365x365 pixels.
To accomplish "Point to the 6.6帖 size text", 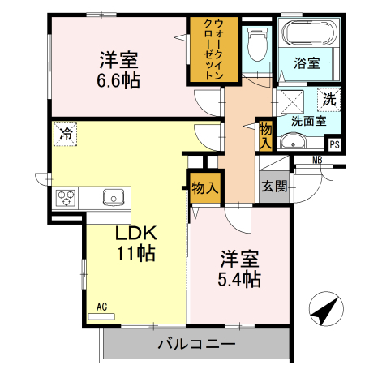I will [x=119, y=80].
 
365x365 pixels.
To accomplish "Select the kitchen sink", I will [x=113, y=197].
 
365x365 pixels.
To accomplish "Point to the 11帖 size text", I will [x=135, y=252].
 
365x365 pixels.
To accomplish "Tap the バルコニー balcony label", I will [x=195, y=344].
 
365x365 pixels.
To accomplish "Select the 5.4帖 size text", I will [x=238, y=280].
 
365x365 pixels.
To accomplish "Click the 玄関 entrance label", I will [x=273, y=186].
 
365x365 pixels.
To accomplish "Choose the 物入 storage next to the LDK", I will [x=205, y=188].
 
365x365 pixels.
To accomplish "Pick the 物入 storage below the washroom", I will [x=265, y=134].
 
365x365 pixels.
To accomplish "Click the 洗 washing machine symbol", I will [x=329, y=100].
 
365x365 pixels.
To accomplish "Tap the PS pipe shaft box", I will [x=334, y=145].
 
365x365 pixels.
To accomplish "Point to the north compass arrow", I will [x=326, y=311].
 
